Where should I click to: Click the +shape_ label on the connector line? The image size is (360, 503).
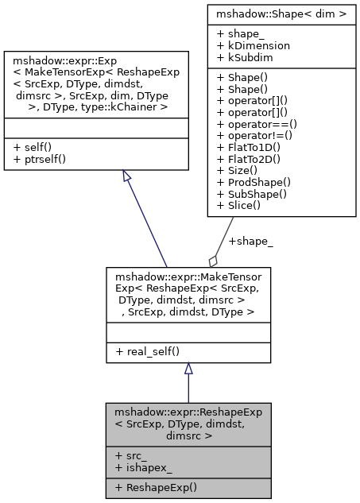tap(250, 242)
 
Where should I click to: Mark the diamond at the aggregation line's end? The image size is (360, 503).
tap(213, 261)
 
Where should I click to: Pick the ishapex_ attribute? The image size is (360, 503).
tap(142, 467)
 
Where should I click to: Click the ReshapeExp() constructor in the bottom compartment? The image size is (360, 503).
tap(156, 487)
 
